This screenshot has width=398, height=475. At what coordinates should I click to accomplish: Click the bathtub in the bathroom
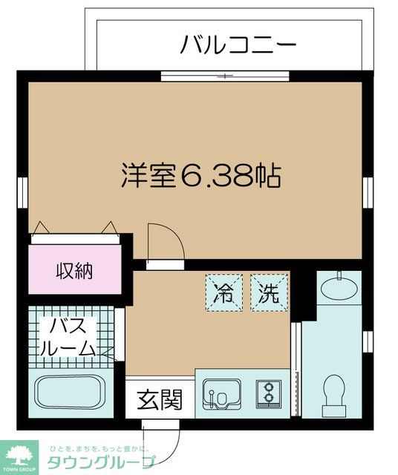(x=71, y=391)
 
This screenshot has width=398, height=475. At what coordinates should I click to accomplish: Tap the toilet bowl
(x=335, y=392)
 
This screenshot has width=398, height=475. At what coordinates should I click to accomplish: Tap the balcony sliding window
(x=225, y=75)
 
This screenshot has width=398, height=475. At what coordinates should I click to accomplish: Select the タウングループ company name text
(x=101, y=462)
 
